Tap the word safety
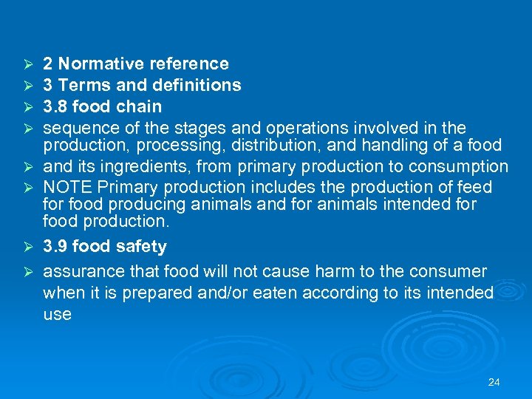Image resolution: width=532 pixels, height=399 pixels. [x=139, y=246]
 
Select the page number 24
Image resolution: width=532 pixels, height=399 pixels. [x=494, y=382]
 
